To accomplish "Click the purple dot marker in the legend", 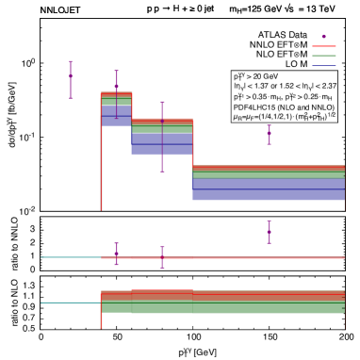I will [323, 36].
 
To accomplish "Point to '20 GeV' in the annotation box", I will [266, 75].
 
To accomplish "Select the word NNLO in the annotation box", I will [315, 107].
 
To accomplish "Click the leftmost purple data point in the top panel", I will [71, 79].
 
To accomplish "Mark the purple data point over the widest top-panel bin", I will [269, 133].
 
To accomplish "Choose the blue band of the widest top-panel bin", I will [269, 189].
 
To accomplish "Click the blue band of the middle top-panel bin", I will [162, 144].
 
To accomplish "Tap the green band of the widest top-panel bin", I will [269, 174].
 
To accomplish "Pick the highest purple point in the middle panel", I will [269, 228].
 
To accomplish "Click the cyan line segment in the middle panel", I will [71, 256].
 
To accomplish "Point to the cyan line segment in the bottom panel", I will [71, 303].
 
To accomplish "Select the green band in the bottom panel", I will [226, 305].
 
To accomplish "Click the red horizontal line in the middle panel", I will [226, 256].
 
